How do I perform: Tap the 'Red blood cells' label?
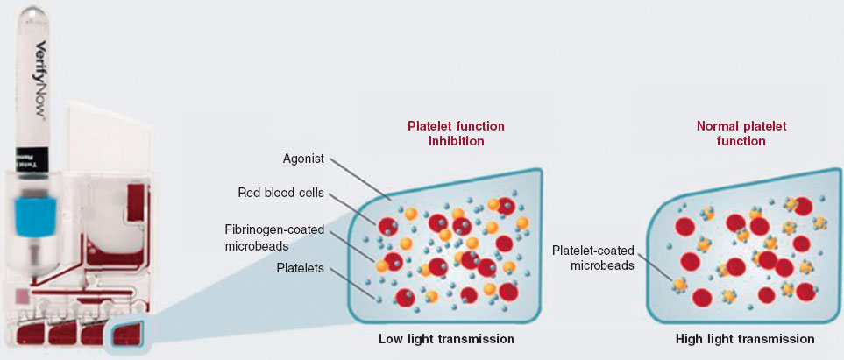[x=280, y=192]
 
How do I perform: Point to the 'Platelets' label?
[x=301, y=269]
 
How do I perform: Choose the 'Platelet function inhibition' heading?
[x=456, y=133]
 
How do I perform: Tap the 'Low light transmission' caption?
[x=446, y=338]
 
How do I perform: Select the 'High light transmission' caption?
[x=745, y=338]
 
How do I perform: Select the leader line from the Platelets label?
[x=354, y=283]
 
